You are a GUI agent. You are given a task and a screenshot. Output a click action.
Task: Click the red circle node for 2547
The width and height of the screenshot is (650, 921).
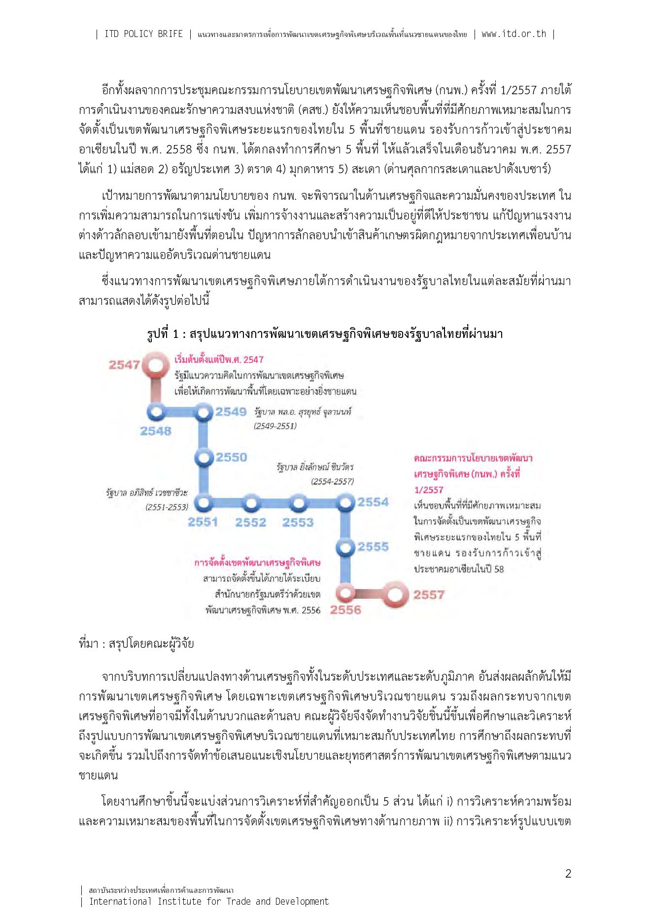tap(156, 366)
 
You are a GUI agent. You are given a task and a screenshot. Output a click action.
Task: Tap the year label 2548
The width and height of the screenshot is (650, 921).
tap(156, 431)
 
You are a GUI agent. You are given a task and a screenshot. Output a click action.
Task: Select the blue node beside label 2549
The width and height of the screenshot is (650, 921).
tap(204, 411)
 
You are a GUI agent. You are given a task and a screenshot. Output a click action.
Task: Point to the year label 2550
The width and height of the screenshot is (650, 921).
tap(231, 457)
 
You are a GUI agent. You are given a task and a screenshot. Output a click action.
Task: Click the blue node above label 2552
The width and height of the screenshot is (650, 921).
tap(251, 504)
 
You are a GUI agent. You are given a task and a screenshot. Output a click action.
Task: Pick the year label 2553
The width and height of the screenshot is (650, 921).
tap(298, 522)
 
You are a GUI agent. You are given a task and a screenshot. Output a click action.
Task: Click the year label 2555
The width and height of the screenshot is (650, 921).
tap(373, 547)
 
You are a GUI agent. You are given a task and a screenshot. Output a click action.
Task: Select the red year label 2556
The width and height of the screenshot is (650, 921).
tap(345, 610)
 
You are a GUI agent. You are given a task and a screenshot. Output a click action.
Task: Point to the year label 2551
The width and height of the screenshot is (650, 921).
tap(203, 522)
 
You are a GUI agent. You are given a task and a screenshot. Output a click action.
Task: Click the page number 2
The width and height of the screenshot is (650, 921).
tap(568, 874)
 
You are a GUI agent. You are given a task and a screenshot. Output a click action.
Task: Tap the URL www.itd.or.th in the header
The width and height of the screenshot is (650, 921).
tap(514, 34)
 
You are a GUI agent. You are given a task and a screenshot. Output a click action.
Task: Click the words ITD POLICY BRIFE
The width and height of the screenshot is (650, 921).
tap(143, 34)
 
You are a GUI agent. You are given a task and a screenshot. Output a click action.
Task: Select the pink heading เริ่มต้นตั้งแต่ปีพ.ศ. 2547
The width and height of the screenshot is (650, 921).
tap(219, 360)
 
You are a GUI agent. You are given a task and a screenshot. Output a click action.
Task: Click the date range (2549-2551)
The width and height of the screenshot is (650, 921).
tap(275, 426)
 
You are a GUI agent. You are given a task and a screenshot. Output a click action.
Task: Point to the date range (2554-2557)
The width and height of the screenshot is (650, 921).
tap(332, 481)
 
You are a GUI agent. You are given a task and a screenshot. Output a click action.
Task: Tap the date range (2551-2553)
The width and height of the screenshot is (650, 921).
tap(167, 507)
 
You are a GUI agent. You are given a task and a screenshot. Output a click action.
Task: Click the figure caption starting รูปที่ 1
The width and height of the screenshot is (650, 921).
tap(325, 334)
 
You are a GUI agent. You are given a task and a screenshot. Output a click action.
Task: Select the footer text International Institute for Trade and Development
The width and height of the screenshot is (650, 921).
tap(208, 901)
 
